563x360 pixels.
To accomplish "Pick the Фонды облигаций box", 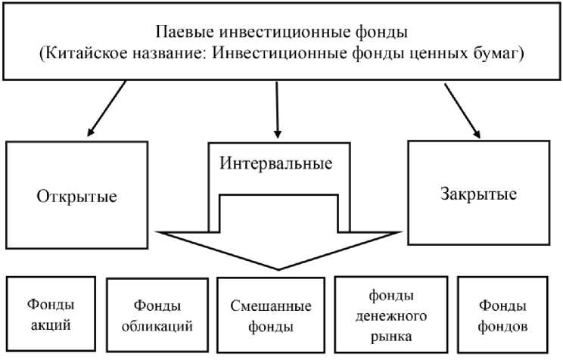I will coord(157,315).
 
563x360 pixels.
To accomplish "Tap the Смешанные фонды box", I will coord(270,316).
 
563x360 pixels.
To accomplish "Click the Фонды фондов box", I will coord(502,316).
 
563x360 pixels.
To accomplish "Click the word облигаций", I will coord(157,327).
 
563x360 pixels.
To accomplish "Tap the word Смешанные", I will coord(270,307).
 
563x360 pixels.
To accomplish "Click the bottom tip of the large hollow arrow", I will coord(279,268).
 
